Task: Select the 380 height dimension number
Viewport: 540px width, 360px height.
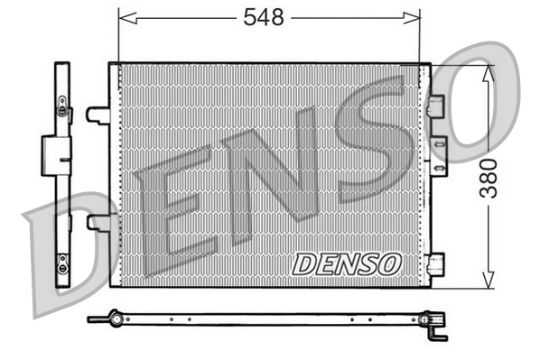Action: (x=489, y=177)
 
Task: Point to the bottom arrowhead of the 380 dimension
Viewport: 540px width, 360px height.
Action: (x=489, y=281)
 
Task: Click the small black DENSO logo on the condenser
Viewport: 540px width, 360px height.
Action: (x=346, y=263)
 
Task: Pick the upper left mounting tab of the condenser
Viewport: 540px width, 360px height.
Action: (x=98, y=115)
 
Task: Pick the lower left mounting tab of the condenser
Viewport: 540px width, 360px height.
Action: (x=98, y=222)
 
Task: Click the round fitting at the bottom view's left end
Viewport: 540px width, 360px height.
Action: (x=114, y=318)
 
